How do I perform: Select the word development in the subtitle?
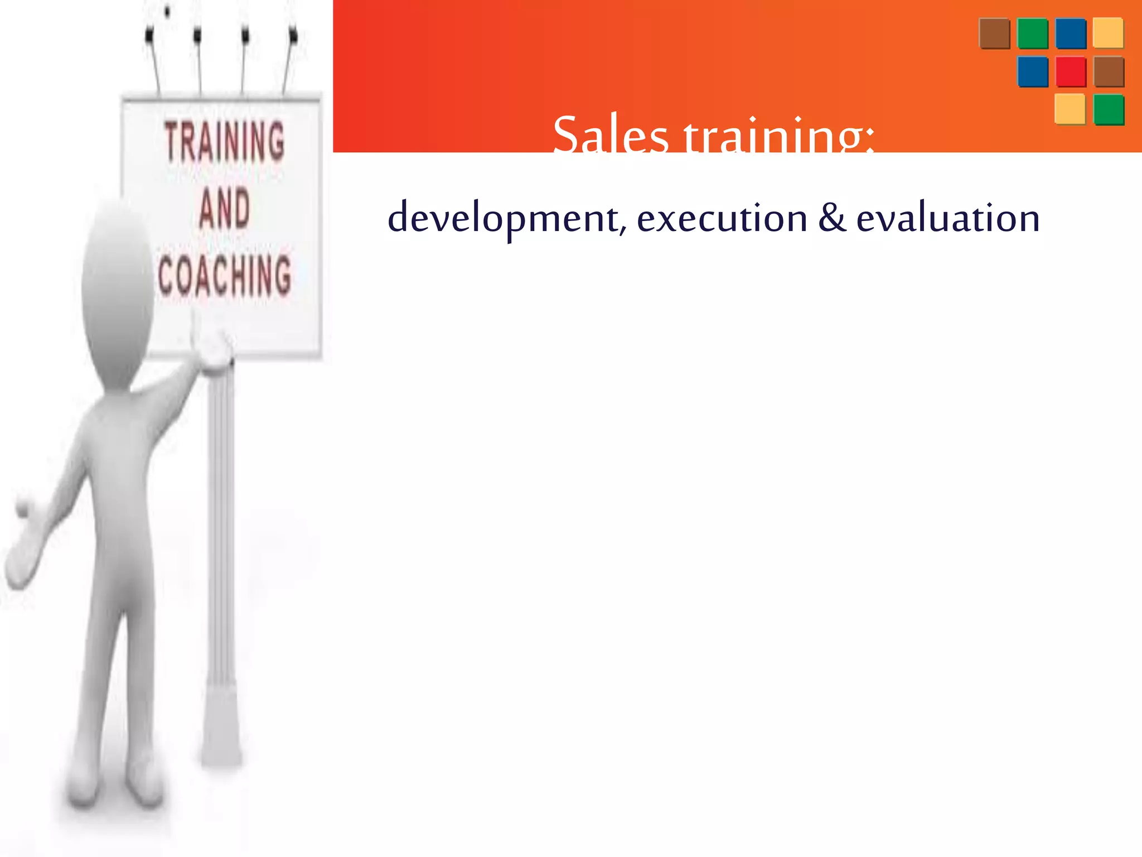pyautogui.click(x=504, y=218)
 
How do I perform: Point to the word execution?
pyautogui.click(x=722, y=218)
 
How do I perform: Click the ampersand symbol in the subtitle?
pyautogui.click(x=832, y=218)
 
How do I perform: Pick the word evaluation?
pyautogui.click(x=948, y=218)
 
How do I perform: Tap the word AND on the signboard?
pyautogui.click(x=224, y=209)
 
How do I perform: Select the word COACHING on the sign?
pyautogui.click(x=225, y=275)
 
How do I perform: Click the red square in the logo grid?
pyautogui.click(x=1071, y=71)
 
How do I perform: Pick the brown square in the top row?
pyautogui.click(x=994, y=33)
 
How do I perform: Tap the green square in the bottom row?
pyautogui.click(x=1109, y=109)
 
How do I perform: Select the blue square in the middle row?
pyautogui.click(x=1033, y=71)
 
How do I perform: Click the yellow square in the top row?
pyautogui.click(x=1108, y=33)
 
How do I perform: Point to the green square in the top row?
pyautogui.click(x=1033, y=33)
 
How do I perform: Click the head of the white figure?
pyautogui.click(x=117, y=290)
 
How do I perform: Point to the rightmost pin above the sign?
pyautogui.click(x=293, y=37)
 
